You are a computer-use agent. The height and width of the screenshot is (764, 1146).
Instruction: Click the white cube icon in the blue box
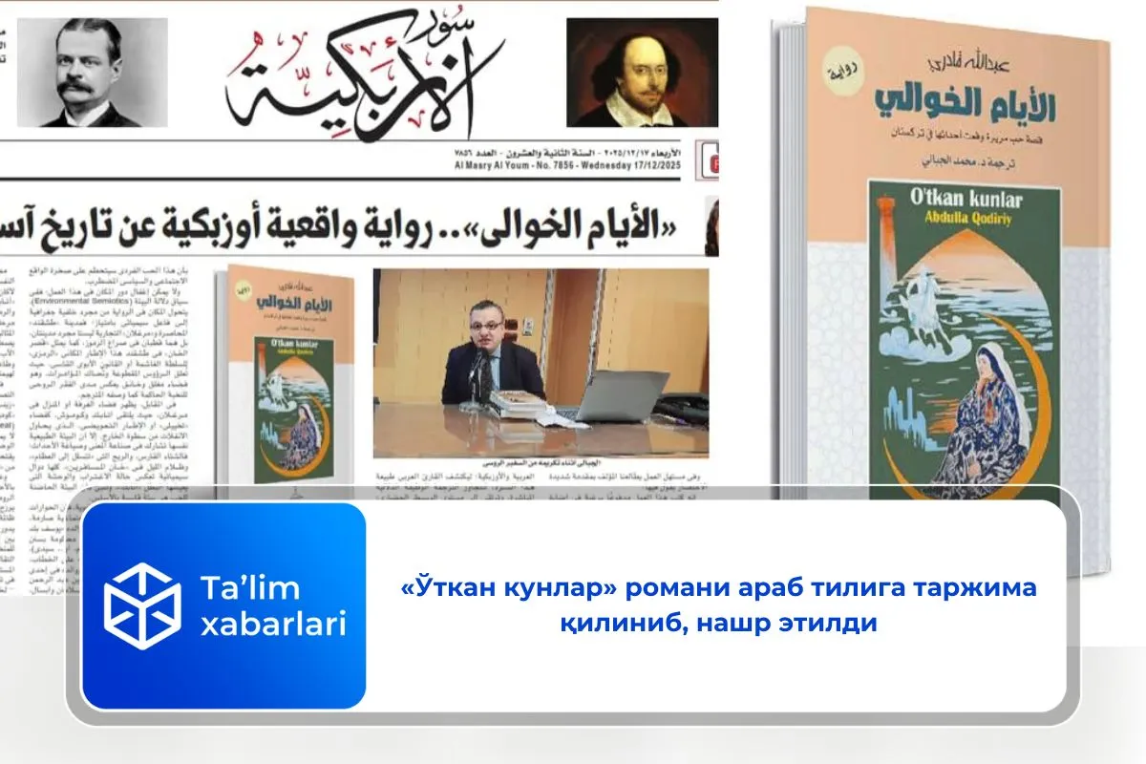(x=141, y=605)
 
